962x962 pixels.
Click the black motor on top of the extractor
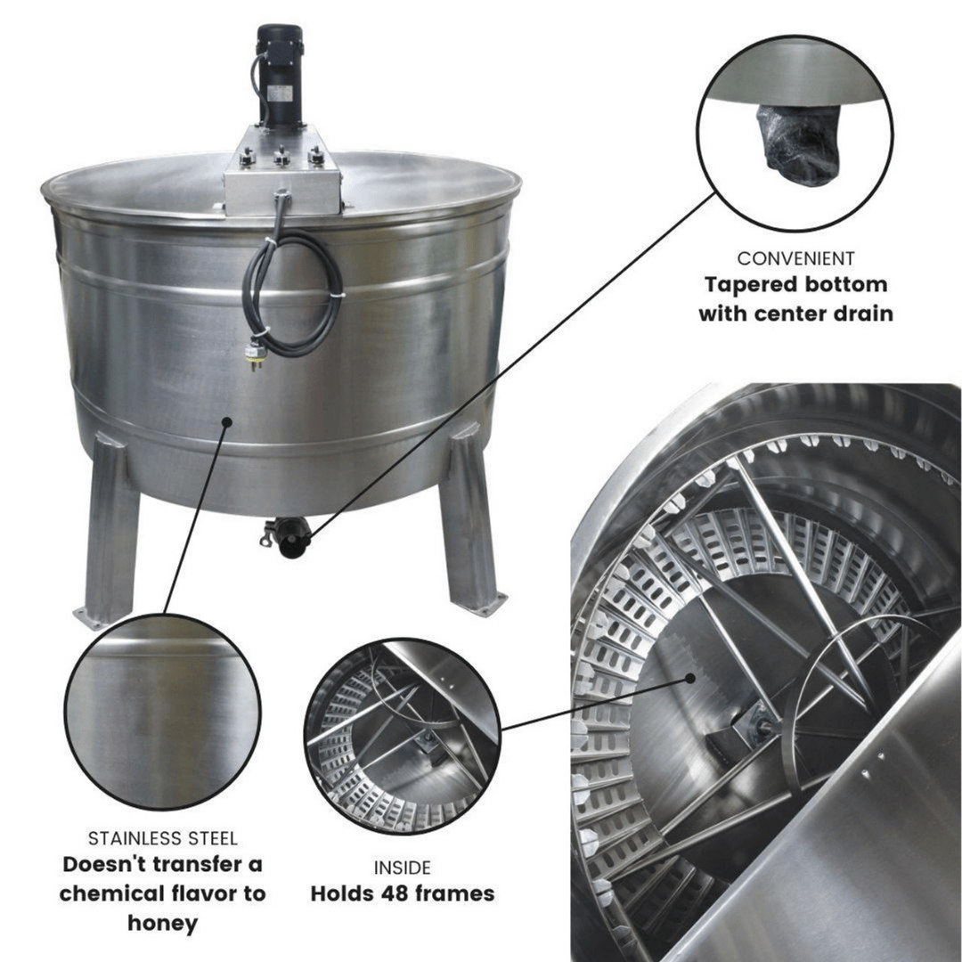click(x=280, y=71)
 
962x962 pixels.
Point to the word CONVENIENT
click(x=795, y=259)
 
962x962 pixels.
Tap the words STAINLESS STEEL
click(x=163, y=838)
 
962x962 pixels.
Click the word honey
click(x=162, y=923)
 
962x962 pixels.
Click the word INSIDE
click(x=402, y=867)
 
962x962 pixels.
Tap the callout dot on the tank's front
click(x=227, y=421)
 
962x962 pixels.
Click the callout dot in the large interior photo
click(x=691, y=679)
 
